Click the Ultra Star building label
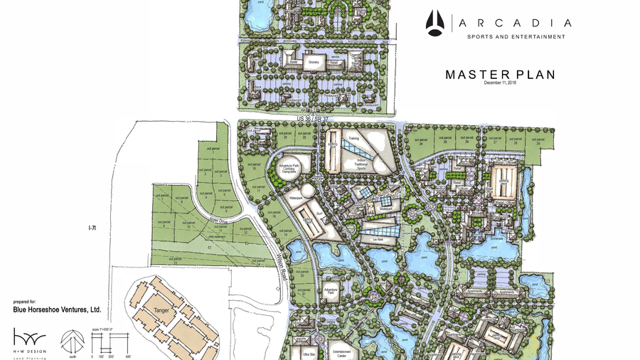pyautogui.click(x=309, y=354)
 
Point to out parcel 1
pyautogui.click(x=213, y=150)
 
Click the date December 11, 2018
pyautogui.click(x=501, y=83)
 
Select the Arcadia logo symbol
pyautogui.click(x=435, y=23)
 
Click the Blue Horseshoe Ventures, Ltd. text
pyautogui.click(x=57, y=310)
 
